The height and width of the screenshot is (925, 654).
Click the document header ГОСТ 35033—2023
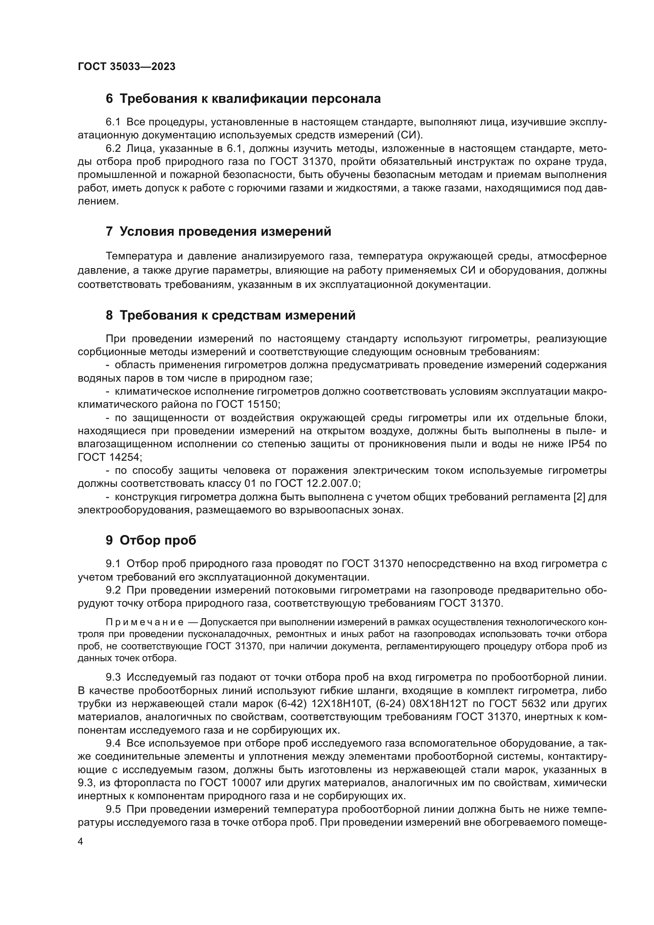point(127,66)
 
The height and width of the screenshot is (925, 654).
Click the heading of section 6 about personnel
point(243,99)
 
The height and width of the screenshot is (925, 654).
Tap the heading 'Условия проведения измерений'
point(218,232)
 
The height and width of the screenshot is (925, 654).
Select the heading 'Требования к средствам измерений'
point(231,315)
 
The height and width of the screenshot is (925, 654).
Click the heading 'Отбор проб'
point(151,540)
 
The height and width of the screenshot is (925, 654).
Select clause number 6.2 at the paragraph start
point(113,148)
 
